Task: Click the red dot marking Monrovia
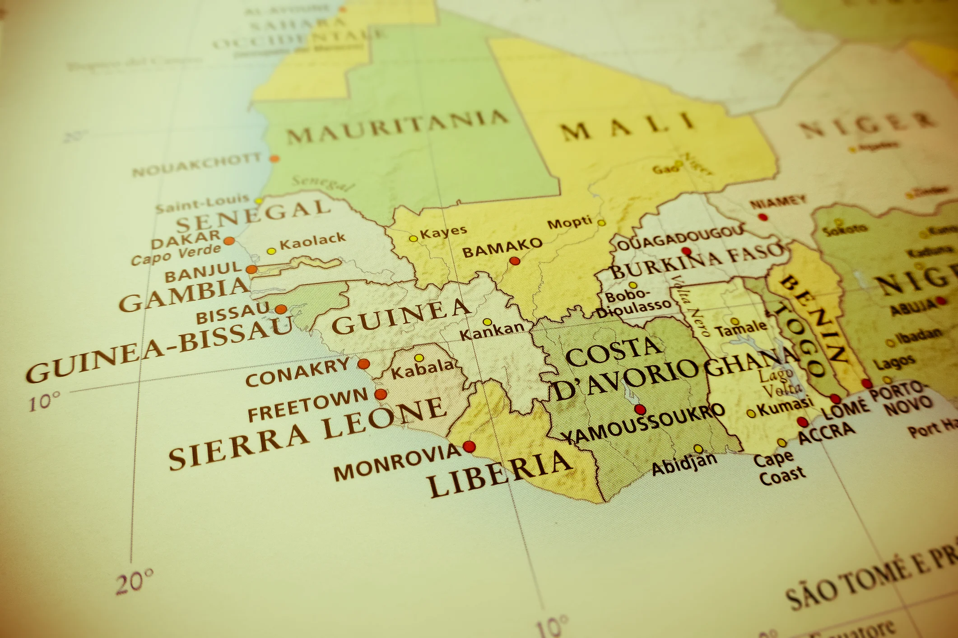click(469, 447)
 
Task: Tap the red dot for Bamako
click(515, 261)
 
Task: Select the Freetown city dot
click(381, 394)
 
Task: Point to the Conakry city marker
click(363, 364)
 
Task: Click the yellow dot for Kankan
click(487, 322)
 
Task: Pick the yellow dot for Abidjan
click(698, 448)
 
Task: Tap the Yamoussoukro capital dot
click(640, 410)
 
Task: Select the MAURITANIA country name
click(397, 126)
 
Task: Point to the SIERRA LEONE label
click(307, 433)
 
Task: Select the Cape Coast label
click(779, 467)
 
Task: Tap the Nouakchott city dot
click(274, 158)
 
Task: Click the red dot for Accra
click(802, 422)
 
